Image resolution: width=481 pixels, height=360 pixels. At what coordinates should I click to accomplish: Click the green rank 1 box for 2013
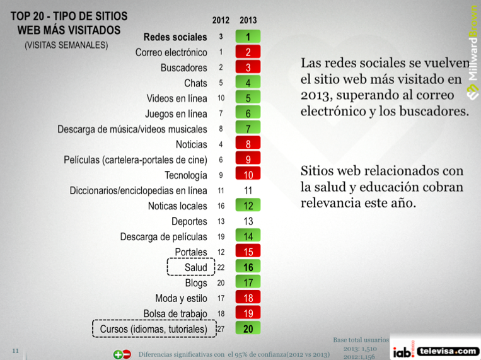248,37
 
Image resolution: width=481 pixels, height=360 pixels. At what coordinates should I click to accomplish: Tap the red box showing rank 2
248,52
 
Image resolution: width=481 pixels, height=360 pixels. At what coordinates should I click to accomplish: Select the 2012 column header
221,21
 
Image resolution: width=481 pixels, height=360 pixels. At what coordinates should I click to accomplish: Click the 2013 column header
248,21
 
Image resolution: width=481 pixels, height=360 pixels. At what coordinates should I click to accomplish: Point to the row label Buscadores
183,67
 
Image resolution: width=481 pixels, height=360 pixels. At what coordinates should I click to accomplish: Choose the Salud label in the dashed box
195,267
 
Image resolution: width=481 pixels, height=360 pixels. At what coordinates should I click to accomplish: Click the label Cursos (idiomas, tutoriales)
153,328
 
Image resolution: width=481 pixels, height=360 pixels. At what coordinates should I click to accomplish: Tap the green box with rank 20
248,328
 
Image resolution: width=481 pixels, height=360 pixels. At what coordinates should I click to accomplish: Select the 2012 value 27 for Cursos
221,328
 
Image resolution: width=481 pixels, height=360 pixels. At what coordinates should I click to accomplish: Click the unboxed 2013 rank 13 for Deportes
248,221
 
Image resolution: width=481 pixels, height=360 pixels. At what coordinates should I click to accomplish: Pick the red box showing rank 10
248,175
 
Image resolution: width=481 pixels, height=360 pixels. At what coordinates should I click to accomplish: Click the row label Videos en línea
177,98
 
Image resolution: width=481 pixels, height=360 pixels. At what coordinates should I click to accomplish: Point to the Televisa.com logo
448,351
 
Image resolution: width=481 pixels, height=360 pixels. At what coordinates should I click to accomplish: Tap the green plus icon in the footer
117,354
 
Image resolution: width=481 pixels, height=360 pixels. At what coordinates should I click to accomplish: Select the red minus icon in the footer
127,354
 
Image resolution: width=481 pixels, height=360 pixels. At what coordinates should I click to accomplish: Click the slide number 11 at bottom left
15,349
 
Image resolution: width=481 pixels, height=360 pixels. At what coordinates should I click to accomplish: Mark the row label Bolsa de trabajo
175,313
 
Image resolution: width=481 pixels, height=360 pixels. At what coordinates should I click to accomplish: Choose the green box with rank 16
248,267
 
